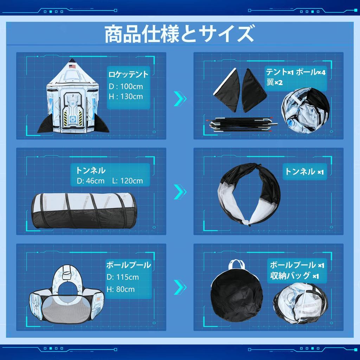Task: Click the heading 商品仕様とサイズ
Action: pos(179,34)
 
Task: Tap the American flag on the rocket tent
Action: pos(72,66)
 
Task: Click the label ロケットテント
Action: pos(128,75)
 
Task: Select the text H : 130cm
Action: pos(126,96)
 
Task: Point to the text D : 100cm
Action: pos(126,86)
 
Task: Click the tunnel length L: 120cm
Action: pos(127,181)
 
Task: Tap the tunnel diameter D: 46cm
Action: pos(91,181)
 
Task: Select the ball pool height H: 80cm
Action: pos(121,289)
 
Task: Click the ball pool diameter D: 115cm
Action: pos(123,277)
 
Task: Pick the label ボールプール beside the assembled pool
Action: pos(129,265)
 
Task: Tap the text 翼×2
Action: pos(275,82)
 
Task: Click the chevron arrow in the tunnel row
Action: pos(180,192)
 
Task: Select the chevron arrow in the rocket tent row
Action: pos(180,99)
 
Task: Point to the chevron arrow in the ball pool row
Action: pos(180,287)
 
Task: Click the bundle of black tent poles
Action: pos(243,124)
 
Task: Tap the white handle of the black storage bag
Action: pos(237,265)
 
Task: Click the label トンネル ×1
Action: pos(304,172)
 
